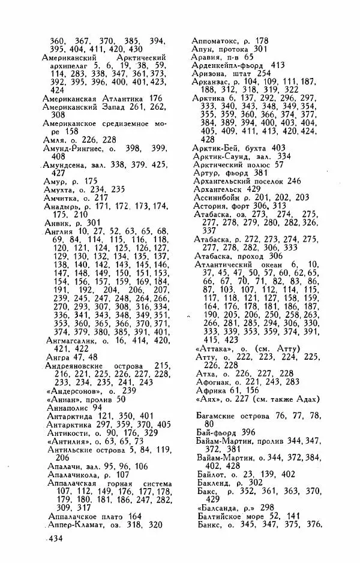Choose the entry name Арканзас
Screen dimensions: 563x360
click(x=212, y=83)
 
